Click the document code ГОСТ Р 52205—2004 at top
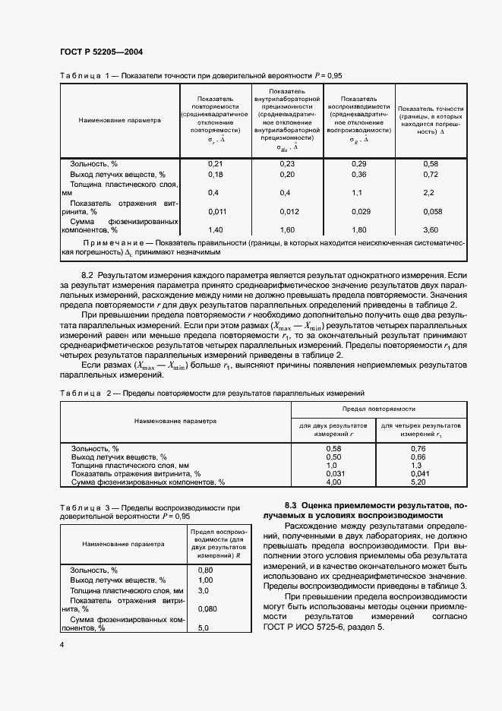coord(101,52)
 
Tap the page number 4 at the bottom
coord(62,645)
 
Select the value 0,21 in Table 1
coord(215,164)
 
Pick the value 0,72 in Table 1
coord(431,174)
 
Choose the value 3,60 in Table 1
coord(431,229)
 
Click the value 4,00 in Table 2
coord(334,482)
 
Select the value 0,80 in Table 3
coord(205,570)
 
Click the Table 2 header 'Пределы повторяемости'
coord(376,409)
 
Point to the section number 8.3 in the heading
coord(312,505)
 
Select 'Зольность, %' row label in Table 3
coord(93,570)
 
